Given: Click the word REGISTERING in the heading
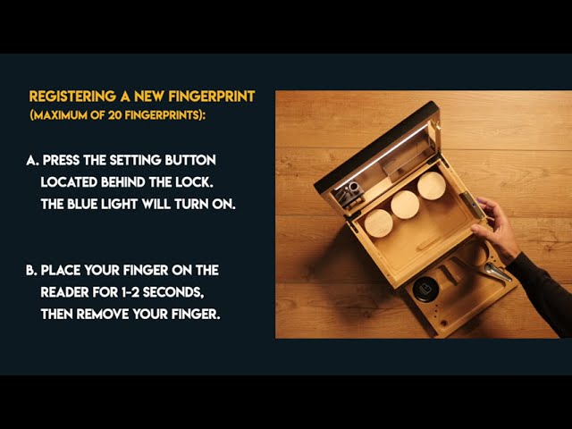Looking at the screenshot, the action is coord(72,97).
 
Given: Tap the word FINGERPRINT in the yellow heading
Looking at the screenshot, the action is coord(212,97).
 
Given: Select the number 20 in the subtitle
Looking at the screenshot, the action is coord(114,115).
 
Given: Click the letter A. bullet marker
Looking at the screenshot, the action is coord(32,160).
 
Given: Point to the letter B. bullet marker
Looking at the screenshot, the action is coord(32,270).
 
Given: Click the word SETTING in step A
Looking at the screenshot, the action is coord(135,160).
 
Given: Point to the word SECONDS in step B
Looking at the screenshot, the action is coord(173,292).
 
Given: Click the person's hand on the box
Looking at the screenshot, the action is coord(496,229).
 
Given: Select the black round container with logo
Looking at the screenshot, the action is coord(425,290).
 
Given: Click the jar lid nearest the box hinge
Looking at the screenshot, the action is coord(379,223).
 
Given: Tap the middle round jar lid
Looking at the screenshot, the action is coord(405,205).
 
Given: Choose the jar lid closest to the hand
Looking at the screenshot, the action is coord(432,186).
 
